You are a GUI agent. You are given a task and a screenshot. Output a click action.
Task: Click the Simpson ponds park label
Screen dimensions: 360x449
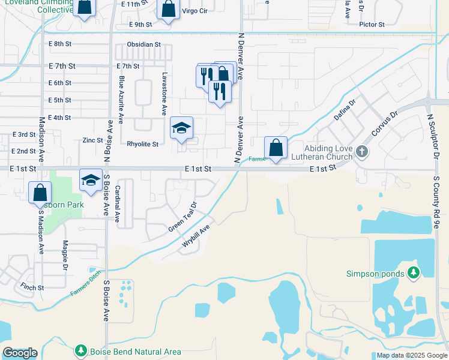tap(375, 274)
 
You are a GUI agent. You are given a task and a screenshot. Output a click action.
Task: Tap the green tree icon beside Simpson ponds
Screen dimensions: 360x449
tap(413, 273)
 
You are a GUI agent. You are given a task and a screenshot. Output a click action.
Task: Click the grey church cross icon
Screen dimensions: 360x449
tap(361, 152)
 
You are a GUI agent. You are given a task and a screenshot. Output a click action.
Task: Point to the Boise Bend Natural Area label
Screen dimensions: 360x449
tap(135, 351)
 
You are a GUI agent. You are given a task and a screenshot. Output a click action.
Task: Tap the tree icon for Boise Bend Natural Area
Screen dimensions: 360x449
tap(81, 350)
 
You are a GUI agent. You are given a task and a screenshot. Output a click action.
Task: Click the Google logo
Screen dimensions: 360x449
tap(20, 353)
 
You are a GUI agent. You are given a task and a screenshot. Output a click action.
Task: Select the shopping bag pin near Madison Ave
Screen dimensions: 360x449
tap(40, 193)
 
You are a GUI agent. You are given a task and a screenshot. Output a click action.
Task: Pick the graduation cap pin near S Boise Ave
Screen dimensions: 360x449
tap(91, 179)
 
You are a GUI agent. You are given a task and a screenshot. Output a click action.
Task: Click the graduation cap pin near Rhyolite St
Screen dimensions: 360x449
tap(181, 128)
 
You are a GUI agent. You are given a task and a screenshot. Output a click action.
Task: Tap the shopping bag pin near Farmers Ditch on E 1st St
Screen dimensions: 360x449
tap(276, 147)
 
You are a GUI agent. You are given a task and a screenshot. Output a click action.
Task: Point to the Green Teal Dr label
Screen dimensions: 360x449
tap(182, 217)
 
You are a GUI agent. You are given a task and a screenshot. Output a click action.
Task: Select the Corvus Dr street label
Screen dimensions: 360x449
tap(385, 124)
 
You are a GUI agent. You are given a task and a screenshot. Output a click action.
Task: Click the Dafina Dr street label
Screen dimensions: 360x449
tap(345, 110)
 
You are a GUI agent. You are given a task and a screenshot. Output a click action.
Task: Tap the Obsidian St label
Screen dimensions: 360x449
tap(144, 44)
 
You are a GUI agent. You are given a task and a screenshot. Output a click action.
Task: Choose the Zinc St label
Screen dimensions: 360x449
tap(93, 140)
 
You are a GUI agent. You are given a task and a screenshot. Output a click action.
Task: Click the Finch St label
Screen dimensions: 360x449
tap(32, 287)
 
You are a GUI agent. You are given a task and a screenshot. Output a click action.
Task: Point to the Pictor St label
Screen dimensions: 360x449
tap(372, 25)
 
